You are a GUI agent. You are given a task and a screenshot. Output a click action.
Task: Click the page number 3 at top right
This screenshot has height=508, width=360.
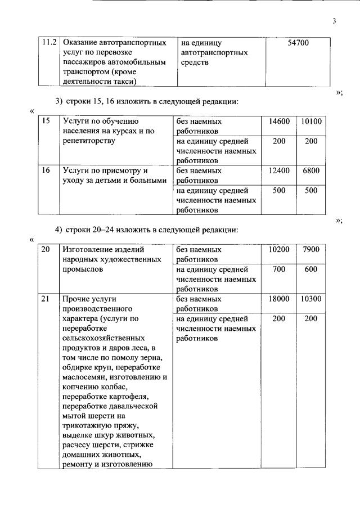click(x=334, y=21)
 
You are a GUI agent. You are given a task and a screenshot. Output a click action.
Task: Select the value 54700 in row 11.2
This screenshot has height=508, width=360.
click(x=298, y=43)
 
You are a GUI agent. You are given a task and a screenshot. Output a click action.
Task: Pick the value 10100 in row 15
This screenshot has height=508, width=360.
click(x=311, y=122)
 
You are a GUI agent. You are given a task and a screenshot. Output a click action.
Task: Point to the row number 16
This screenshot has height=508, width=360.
click(x=47, y=170)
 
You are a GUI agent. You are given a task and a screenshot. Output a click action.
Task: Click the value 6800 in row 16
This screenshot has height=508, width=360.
click(x=311, y=170)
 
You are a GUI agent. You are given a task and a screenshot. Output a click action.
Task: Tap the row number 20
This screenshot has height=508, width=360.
click(x=47, y=249)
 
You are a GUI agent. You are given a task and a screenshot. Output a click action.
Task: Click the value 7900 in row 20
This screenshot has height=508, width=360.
click(x=311, y=249)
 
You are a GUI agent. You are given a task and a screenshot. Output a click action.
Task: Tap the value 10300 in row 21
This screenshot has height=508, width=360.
click(x=311, y=299)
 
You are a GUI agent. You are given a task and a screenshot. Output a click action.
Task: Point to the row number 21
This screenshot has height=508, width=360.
click(x=47, y=299)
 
